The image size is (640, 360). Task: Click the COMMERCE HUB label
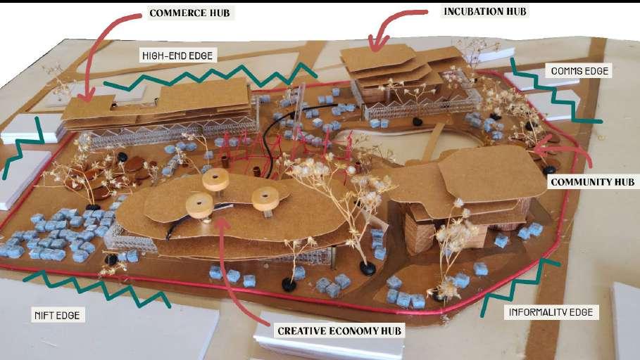(189, 13)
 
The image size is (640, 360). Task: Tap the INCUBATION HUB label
(484, 11)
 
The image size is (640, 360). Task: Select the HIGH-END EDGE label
(177, 55)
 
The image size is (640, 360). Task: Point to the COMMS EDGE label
(579, 71)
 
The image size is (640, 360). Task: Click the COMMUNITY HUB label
(592, 181)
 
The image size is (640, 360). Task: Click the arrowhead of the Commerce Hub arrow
(87, 98)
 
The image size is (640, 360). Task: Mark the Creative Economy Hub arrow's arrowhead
(222, 219)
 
